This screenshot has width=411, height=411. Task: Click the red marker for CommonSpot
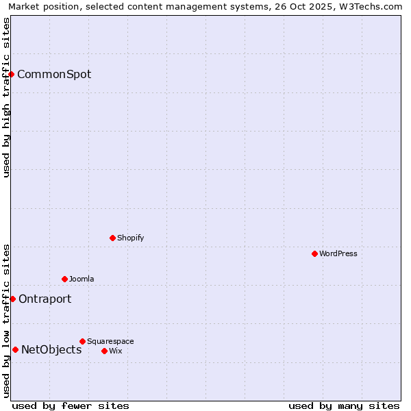pyautogui.click(x=12, y=74)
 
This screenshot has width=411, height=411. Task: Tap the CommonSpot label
pyautogui.click(x=54, y=74)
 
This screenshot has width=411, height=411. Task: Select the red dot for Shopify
pyautogui.click(x=112, y=238)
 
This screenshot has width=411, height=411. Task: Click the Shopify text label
pyautogui.click(x=130, y=238)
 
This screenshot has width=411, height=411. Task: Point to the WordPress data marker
pyautogui.click(x=314, y=253)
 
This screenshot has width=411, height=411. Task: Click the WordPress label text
pyautogui.click(x=338, y=253)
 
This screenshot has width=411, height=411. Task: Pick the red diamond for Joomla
pyautogui.click(x=64, y=279)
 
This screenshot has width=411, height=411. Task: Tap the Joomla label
pyautogui.click(x=82, y=279)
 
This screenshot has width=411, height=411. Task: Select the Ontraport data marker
pyautogui.click(x=12, y=299)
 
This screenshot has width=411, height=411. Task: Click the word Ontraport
pyautogui.click(x=45, y=299)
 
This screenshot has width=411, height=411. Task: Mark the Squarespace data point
pyautogui.click(x=82, y=341)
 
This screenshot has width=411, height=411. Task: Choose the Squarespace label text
pyautogui.click(x=110, y=341)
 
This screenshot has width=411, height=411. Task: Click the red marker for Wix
pyautogui.click(x=104, y=351)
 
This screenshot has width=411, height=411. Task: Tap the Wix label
pyautogui.click(x=115, y=351)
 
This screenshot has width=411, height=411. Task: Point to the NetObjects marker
pyautogui.click(x=15, y=349)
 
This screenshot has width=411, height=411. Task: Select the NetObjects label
pyautogui.click(x=51, y=349)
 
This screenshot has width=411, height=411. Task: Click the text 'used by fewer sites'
pyautogui.click(x=71, y=406)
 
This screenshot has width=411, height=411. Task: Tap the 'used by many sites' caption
pyautogui.click(x=344, y=406)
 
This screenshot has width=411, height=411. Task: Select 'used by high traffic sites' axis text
pyautogui.click(x=6, y=97)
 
